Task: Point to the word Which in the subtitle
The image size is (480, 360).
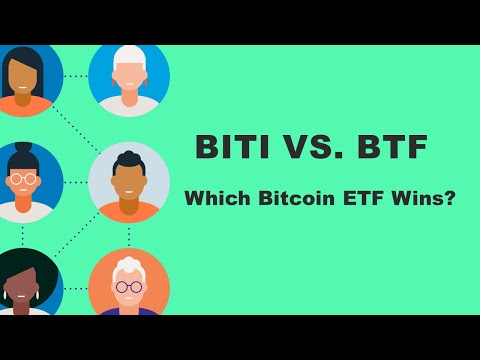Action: point(213,198)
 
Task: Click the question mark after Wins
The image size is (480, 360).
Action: point(450,198)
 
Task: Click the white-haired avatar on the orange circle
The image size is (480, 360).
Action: point(129,285)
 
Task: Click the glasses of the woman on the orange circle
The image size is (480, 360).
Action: point(129,287)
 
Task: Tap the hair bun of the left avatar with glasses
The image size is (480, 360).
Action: point(24,149)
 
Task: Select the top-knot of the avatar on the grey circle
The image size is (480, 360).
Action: point(129,155)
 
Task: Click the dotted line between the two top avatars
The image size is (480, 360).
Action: point(76,76)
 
